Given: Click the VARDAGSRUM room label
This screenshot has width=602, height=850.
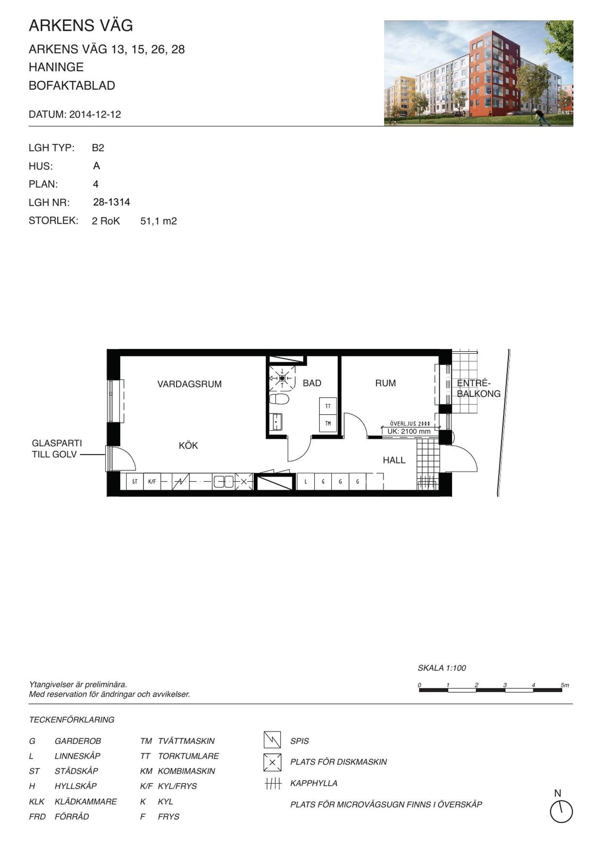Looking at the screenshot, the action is pos(189,384).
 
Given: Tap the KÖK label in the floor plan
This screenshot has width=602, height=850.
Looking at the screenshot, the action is pos(188,445).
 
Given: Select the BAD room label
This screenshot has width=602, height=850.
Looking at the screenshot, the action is pos(312,383).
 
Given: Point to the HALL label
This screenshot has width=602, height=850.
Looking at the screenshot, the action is pos(394,460).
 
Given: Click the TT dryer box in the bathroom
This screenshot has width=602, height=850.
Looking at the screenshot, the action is pos(328,406).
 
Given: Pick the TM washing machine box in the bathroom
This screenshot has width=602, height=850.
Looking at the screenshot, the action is pos(328,423).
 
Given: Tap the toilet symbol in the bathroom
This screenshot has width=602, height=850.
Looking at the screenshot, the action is pos(279,399).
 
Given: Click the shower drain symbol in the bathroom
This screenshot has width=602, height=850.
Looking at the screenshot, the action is pos(282,378).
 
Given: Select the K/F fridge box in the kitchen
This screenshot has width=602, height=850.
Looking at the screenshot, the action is pos(152,481).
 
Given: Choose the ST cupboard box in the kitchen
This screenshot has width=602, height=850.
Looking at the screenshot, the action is pos(135,481).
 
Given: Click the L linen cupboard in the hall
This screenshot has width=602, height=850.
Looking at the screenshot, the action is pos(306,482).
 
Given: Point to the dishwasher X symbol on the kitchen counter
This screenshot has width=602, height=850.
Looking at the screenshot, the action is pos(244,481).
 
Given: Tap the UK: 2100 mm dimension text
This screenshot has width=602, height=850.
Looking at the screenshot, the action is pos(409,431).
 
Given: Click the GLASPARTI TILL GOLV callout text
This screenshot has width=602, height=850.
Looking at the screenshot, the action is pos(56,448).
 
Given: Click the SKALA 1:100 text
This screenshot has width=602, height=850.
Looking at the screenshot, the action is pos(442,668).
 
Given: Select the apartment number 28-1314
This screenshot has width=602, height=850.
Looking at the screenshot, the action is pos(112,202).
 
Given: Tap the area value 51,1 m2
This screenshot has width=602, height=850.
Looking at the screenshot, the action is pos(159,221).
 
